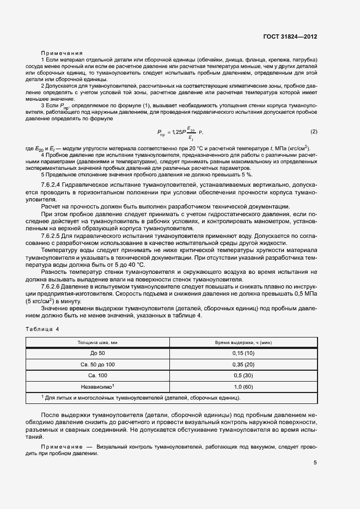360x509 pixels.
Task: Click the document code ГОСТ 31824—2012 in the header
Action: [289, 36]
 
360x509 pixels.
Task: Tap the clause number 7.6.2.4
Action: [53, 186]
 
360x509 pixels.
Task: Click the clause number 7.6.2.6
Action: [53, 285]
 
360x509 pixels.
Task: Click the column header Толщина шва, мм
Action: [97, 342]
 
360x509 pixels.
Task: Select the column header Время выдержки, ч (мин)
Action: [243, 342]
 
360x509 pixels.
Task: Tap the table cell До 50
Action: [97, 353]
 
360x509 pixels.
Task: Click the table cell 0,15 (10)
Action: [243, 353]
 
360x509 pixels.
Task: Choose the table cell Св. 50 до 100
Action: [97, 364]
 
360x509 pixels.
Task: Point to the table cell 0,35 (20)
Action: [243, 364]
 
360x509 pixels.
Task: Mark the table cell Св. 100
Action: [97, 376]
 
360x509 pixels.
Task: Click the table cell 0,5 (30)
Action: [243, 376]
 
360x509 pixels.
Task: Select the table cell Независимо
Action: [97, 387]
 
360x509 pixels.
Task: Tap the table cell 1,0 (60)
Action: [243, 387]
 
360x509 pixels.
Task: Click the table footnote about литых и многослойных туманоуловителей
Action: [142, 398]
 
